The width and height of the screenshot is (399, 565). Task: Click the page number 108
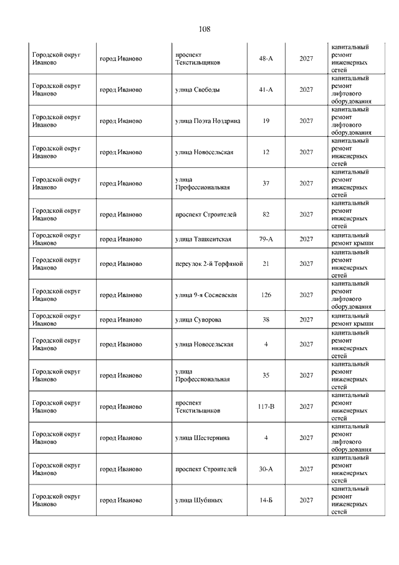[204, 29]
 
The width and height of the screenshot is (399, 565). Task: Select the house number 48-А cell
[266, 59]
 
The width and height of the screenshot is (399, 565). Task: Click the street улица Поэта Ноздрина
[208, 121]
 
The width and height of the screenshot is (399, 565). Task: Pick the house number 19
[266, 121]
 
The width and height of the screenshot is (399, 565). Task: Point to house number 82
[266, 215]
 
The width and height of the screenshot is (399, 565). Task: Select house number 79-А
[266, 239]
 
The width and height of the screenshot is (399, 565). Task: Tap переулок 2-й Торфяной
[209, 263]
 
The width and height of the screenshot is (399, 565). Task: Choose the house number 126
[266, 295]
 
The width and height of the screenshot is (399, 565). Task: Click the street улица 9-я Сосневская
[206, 295]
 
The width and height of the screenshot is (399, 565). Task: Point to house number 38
[266, 320]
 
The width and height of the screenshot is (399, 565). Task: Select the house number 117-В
[266, 406]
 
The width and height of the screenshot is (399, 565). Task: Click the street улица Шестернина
[202, 438]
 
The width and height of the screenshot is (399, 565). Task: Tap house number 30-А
[266, 469]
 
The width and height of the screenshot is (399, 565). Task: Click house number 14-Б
[266, 500]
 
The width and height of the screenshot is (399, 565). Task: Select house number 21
[266, 263]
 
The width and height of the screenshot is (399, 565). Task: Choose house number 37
[266, 184]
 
